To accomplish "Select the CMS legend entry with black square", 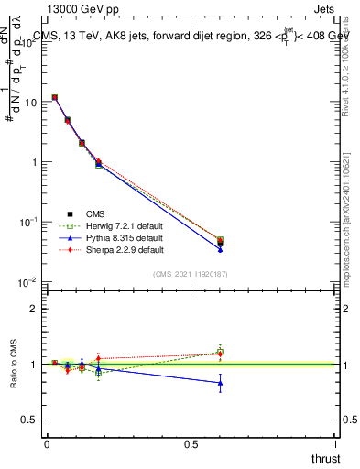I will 82,213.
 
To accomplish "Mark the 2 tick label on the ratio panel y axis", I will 34,309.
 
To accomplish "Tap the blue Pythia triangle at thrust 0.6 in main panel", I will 220,248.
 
